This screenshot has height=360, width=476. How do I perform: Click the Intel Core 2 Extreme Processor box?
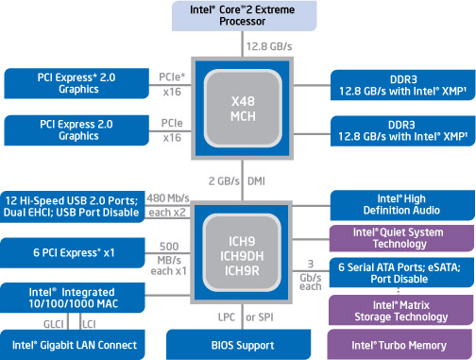pos(238,16)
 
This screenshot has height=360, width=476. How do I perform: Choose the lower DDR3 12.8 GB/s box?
pos(400,129)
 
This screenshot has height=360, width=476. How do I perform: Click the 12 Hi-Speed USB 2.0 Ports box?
pos(75,206)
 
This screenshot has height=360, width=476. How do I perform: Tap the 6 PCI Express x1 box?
pos(75,251)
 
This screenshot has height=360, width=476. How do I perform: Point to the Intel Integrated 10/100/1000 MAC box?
pos(75,297)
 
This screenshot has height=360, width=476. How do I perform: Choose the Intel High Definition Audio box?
pos(400,203)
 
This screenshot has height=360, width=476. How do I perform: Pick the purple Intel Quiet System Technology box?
pos(400,237)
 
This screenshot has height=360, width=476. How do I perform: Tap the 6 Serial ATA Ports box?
pos(400,272)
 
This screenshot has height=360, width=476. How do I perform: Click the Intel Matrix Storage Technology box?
pos(400,310)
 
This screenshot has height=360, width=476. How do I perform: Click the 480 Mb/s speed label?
pos(168,198)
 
